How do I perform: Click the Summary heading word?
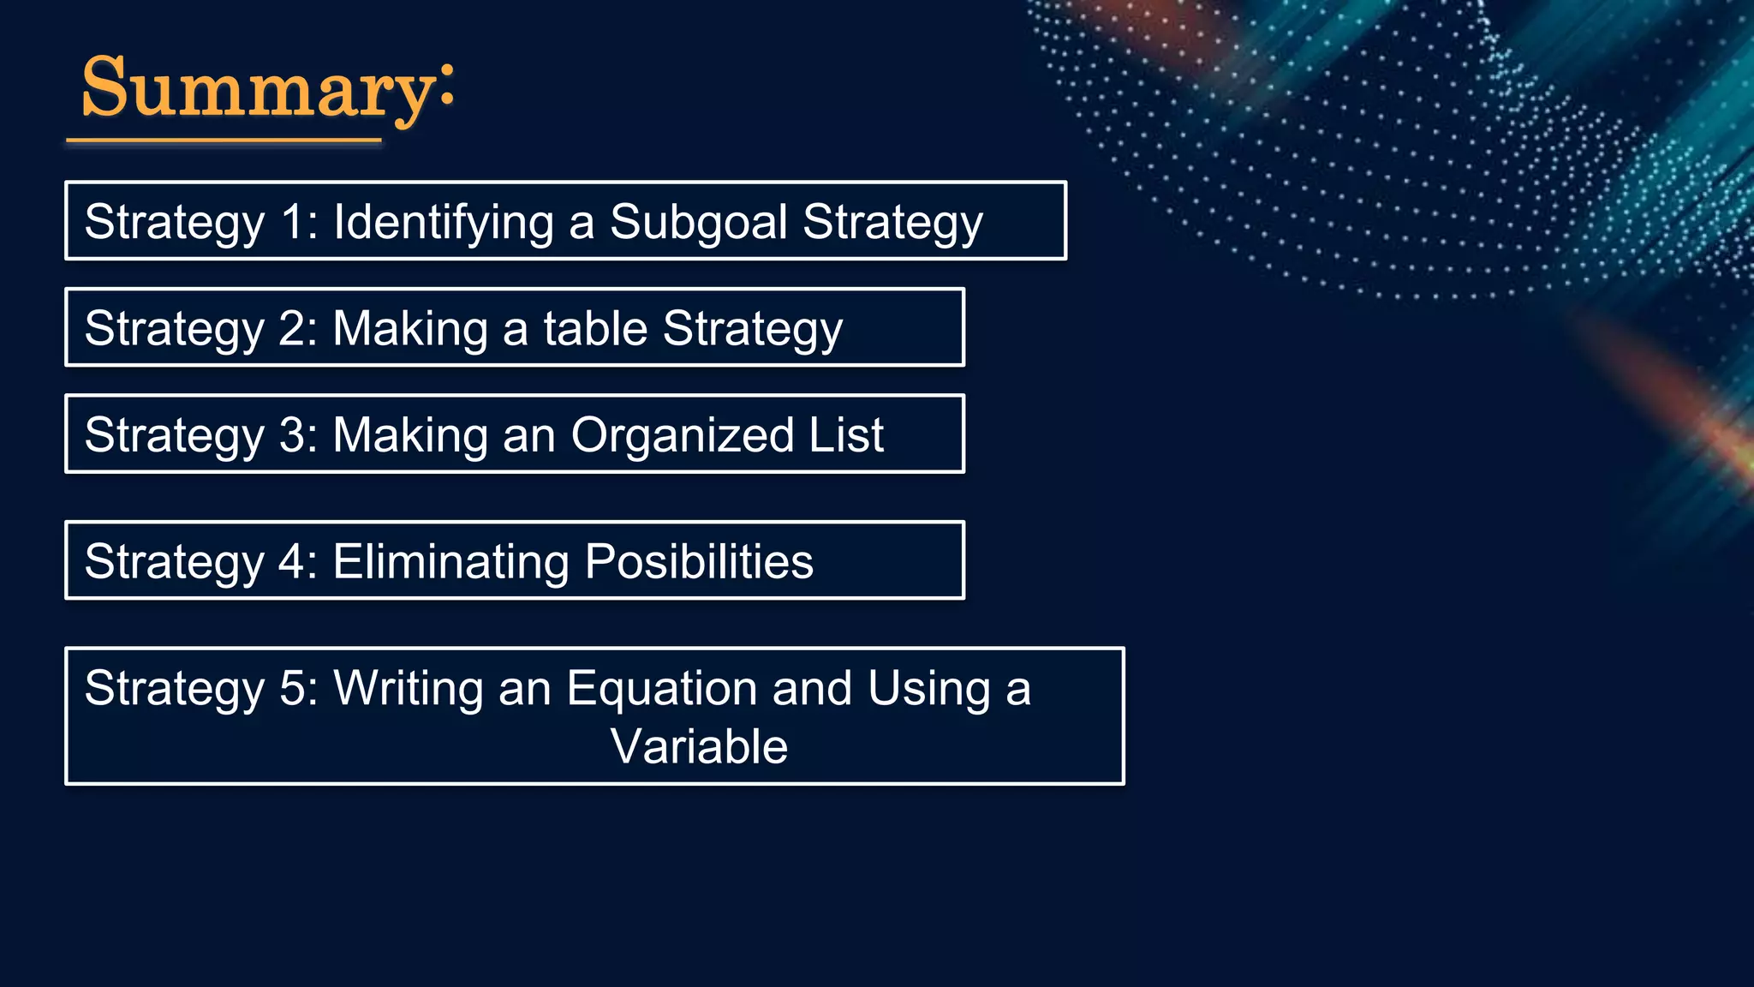[x=257, y=89]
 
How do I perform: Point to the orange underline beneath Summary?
[x=224, y=140]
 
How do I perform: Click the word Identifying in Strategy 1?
[x=444, y=222]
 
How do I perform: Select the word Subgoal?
[x=698, y=222]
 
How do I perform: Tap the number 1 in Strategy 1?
[x=292, y=222]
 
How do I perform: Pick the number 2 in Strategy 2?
[x=292, y=328]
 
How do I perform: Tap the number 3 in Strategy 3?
[x=292, y=434]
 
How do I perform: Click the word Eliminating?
[x=450, y=561]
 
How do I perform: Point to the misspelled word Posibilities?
[x=699, y=561]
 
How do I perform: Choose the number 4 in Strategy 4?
[x=292, y=561]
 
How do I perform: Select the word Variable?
[x=699, y=746]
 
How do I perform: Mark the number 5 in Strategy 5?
[x=292, y=688]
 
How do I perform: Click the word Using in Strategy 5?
[x=928, y=689]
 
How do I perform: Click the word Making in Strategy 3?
[x=410, y=434]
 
